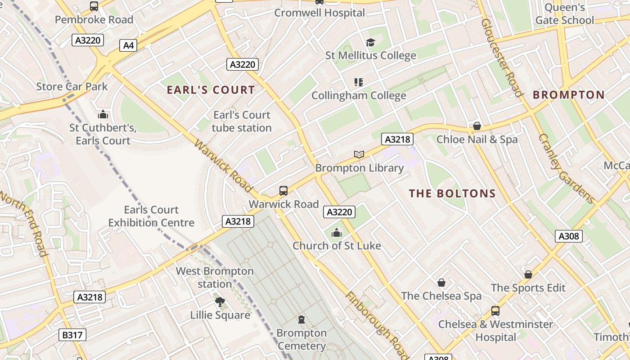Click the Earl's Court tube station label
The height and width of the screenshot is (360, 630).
coord(242,121)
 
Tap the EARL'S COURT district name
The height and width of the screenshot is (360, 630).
coord(211,90)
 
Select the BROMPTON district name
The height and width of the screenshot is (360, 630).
coord(568,95)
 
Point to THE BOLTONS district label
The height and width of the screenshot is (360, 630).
coord(452,194)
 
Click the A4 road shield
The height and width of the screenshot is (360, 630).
coord(129,45)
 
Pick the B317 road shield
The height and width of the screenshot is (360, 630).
coord(72,335)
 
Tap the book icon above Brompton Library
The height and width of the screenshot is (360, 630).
coord(359,154)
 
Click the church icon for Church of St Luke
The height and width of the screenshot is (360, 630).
coord(336,233)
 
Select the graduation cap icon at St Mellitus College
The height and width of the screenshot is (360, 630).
coord(370,42)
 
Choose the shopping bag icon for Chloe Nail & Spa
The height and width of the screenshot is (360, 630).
coord(477,126)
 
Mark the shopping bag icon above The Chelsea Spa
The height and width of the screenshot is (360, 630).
coord(441,283)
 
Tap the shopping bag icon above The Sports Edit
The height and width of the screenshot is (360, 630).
coord(528,274)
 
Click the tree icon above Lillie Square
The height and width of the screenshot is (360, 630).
coord(220,301)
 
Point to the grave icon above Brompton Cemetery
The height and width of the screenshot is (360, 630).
coord(301,319)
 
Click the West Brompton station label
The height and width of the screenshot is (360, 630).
coord(215,278)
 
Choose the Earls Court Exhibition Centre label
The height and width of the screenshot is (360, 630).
coord(151,216)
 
